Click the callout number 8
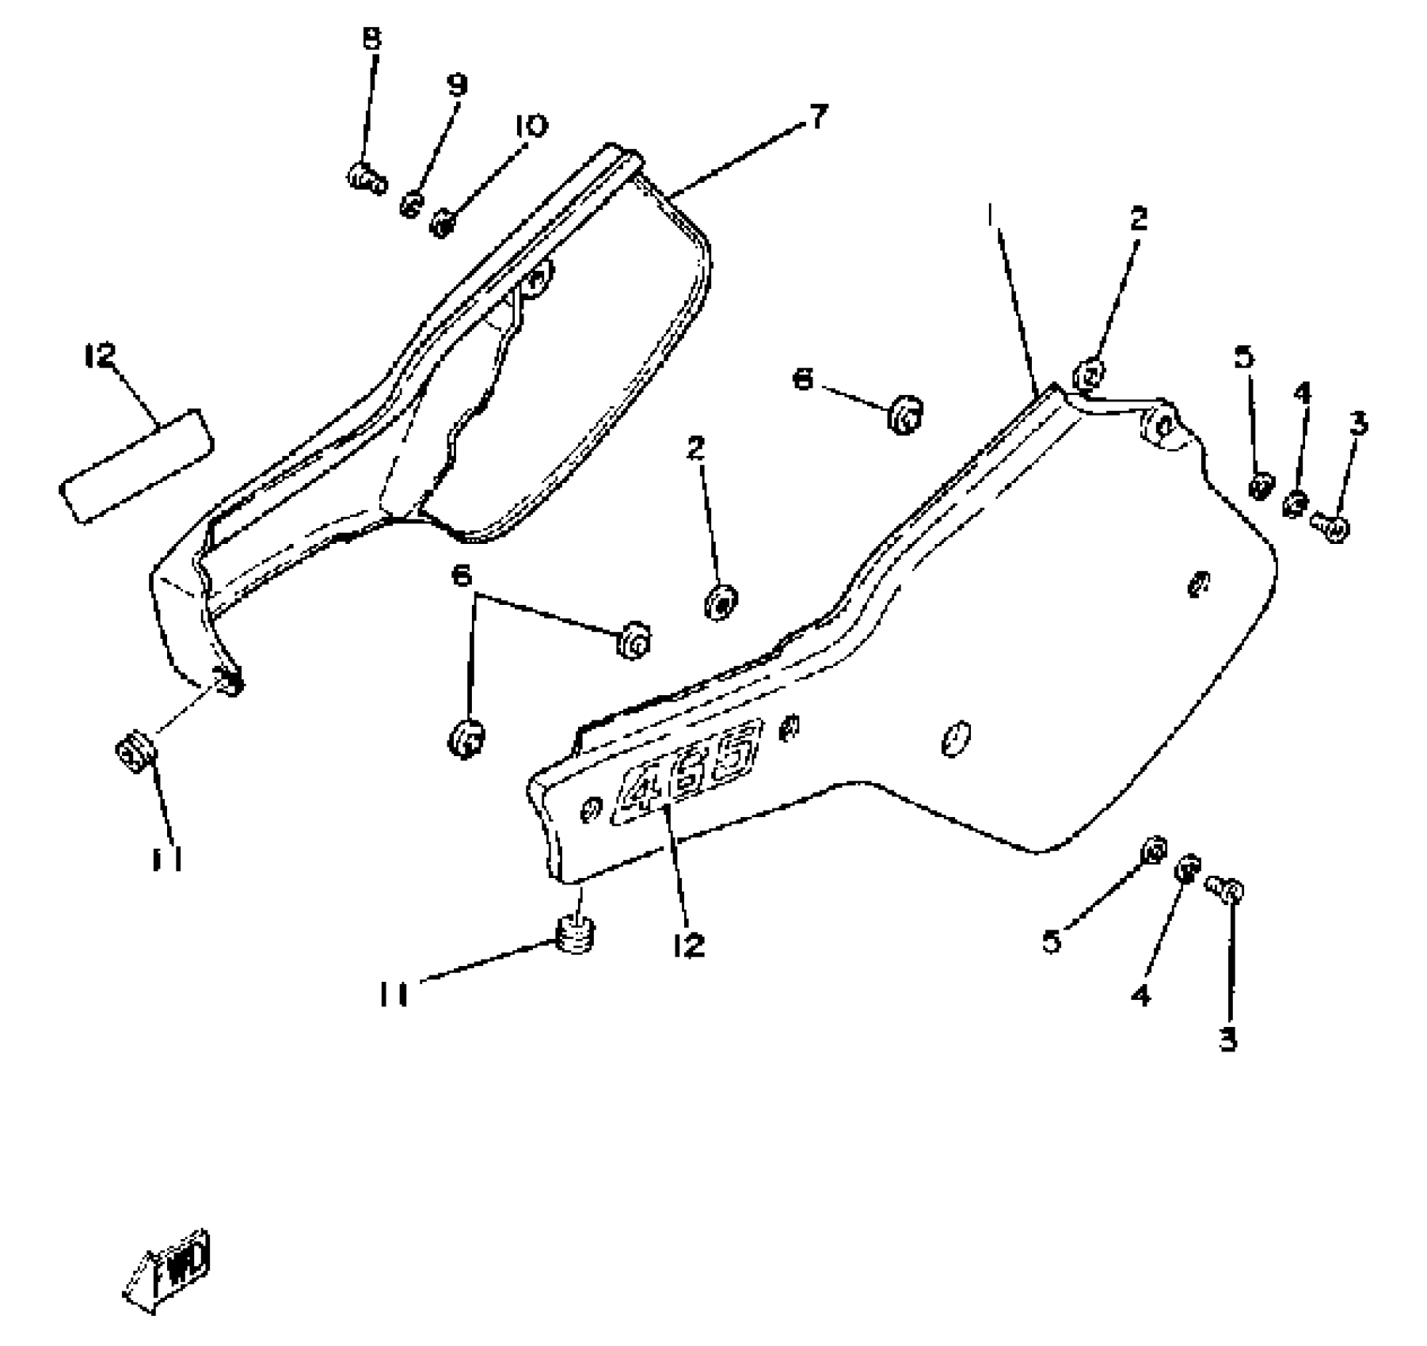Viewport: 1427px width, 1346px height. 371,37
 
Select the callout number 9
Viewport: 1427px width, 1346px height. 458,84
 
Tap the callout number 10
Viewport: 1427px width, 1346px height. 530,125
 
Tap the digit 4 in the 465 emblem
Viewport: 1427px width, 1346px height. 640,792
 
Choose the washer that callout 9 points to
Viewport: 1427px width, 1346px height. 412,204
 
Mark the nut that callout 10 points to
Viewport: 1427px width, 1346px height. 443,222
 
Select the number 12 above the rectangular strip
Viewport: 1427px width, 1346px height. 101,356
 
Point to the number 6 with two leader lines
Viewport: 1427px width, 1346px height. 462,576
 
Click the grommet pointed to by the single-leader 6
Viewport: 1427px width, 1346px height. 904,415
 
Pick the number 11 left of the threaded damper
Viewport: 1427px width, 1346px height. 393,994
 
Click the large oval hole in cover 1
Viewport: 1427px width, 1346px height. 955,738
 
